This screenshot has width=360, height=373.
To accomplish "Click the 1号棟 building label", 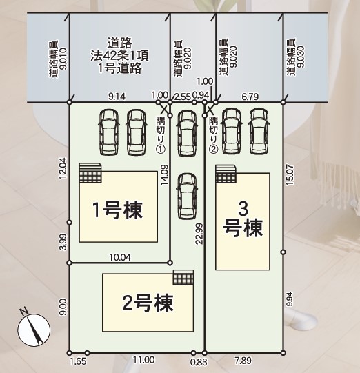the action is [x=118, y=210].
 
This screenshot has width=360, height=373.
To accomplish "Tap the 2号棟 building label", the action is [x=148, y=303].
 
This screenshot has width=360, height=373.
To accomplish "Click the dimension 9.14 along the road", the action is [x=117, y=97].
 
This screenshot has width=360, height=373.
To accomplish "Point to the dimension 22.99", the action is [x=199, y=234].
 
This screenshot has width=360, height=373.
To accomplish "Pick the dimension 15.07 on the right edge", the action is [x=290, y=175].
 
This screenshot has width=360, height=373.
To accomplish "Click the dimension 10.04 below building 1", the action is [x=120, y=257].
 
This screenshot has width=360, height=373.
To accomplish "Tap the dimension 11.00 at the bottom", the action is [x=143, y=360].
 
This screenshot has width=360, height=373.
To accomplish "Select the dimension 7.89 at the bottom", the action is [x=243, y=361].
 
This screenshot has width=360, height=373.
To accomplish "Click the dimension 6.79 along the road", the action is [x=250, y=97].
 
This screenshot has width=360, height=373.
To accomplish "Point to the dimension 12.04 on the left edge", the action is [x=63, y=168].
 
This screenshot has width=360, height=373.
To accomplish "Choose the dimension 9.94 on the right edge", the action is [x=290, y=299].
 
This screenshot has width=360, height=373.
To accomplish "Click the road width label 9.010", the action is [x=58, y=59].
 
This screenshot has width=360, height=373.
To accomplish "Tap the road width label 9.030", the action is [x=295, y=57].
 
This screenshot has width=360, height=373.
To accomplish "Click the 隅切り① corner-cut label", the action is [x=161, y=134].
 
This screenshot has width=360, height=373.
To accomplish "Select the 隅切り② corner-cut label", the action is [x=213, y=134].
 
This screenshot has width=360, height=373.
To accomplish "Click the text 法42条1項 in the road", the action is [x=119, y=56].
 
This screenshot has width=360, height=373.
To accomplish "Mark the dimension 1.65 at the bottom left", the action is [x=79, y=361].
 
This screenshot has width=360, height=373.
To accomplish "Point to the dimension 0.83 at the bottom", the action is [x=199, y=362].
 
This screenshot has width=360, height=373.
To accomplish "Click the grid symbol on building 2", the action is [x=183, y=277].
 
